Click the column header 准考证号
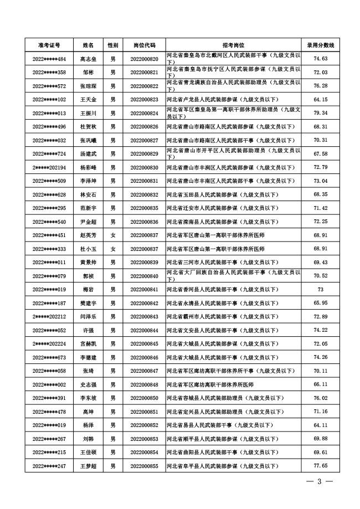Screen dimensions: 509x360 [49, 45]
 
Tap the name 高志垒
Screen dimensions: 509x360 [89, 59]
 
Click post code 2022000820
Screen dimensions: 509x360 [144, 59]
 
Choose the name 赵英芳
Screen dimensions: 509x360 [89, 235]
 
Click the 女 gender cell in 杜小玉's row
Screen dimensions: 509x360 [113, 249]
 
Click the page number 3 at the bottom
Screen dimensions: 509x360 [320, 481]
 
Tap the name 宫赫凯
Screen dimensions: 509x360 [89, 344]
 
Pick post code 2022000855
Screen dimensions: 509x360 [144, 466]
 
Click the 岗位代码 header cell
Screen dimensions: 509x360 [144, 45]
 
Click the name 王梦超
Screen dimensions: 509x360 [89, 466]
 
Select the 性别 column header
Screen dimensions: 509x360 [113, 45]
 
